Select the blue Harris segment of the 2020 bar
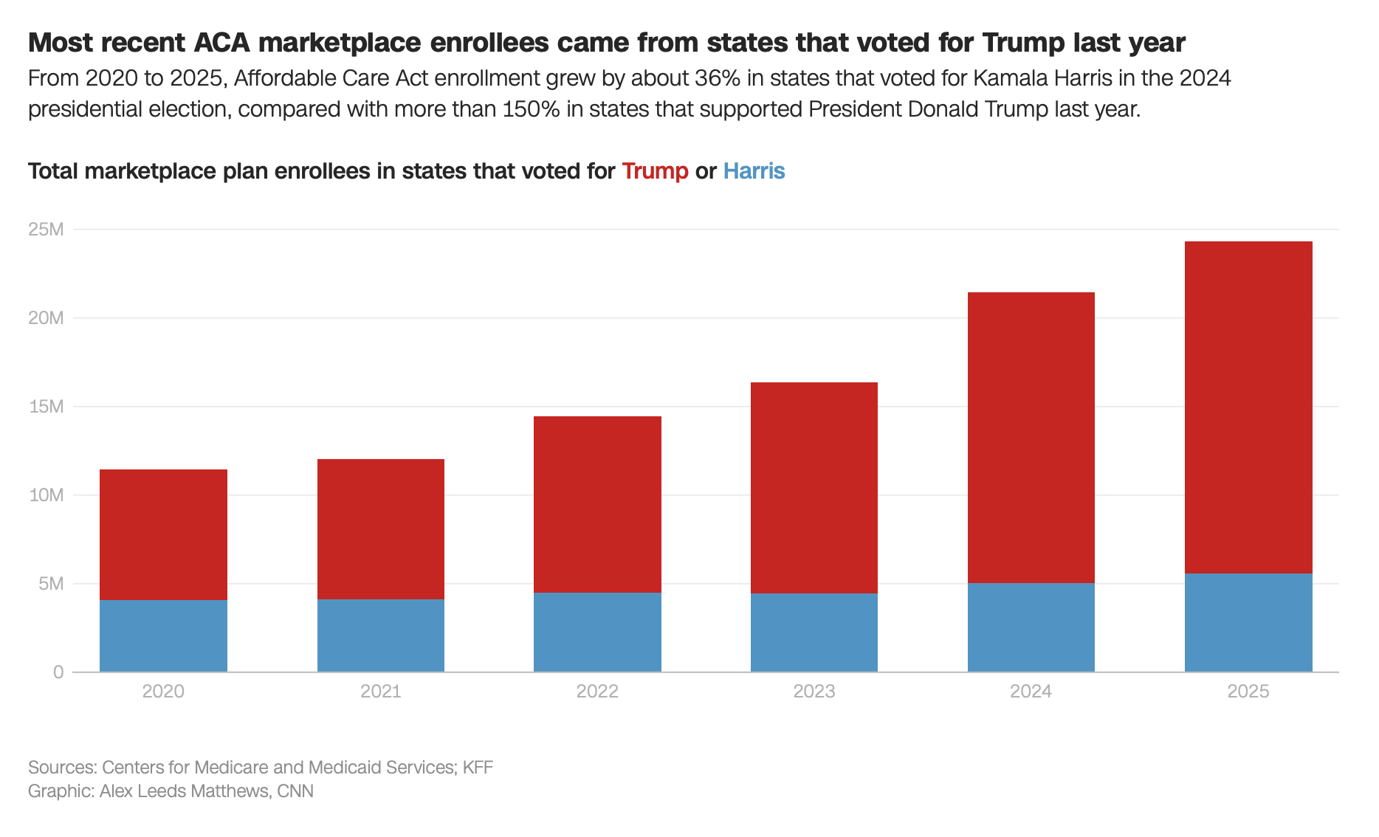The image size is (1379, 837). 163,635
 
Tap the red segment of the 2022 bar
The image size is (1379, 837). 597,504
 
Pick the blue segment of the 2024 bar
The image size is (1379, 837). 1031,627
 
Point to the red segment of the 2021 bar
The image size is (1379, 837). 380,528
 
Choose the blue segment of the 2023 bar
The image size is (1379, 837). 814,633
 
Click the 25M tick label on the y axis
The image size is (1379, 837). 46,230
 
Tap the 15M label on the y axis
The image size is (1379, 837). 46,407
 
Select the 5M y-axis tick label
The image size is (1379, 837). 50,584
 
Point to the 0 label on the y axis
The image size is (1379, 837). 58,672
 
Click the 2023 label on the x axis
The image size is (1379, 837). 814,692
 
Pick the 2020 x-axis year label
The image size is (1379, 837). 163,692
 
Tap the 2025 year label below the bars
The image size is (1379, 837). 1248,692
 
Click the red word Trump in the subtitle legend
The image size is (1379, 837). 655,171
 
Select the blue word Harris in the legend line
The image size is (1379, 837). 754,171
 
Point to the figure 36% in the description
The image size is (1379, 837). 717,78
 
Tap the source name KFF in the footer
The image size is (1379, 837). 478,768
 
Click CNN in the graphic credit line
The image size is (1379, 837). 295,791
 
